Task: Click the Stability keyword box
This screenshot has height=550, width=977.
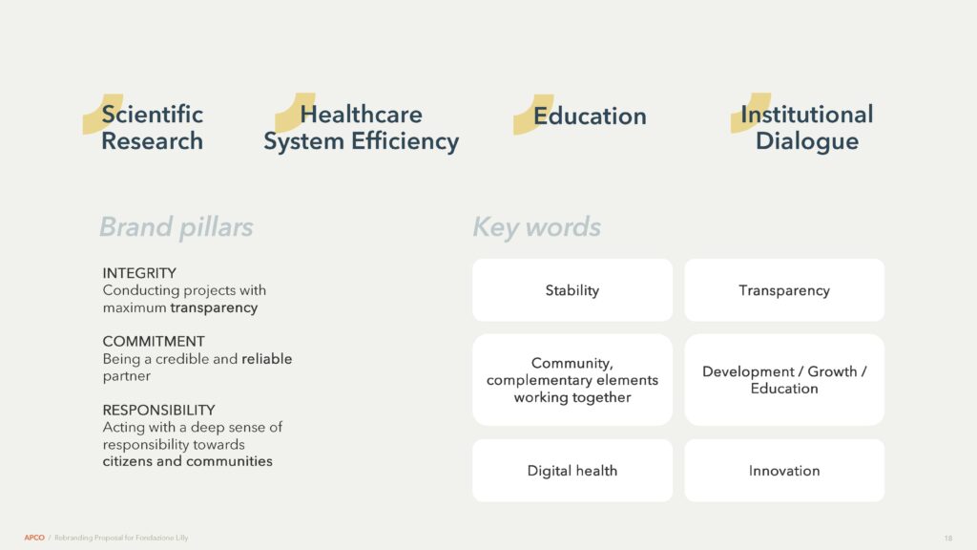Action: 572,290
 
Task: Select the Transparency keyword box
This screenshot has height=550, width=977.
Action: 784,290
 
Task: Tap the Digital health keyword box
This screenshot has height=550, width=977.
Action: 572,470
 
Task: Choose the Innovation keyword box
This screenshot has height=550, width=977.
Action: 784,470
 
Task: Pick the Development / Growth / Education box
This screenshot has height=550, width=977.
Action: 784,380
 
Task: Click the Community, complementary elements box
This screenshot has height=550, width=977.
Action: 572,380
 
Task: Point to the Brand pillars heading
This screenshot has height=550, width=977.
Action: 177,227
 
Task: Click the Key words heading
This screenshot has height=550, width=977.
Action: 536,227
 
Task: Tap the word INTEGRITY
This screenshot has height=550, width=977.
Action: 139,273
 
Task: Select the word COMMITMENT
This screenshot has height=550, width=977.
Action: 154,342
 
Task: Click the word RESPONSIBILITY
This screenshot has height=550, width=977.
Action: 159,411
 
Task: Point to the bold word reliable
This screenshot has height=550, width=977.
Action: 267,359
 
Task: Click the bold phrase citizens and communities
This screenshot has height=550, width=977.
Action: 188,461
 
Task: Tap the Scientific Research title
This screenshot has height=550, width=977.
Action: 152,128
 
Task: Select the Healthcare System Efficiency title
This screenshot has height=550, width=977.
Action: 362,128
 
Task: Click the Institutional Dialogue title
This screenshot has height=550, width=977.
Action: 807,128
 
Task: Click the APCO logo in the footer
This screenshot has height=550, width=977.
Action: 34,538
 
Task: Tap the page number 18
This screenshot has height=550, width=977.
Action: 947,539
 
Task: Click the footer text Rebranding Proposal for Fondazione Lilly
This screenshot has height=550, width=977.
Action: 121,538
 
